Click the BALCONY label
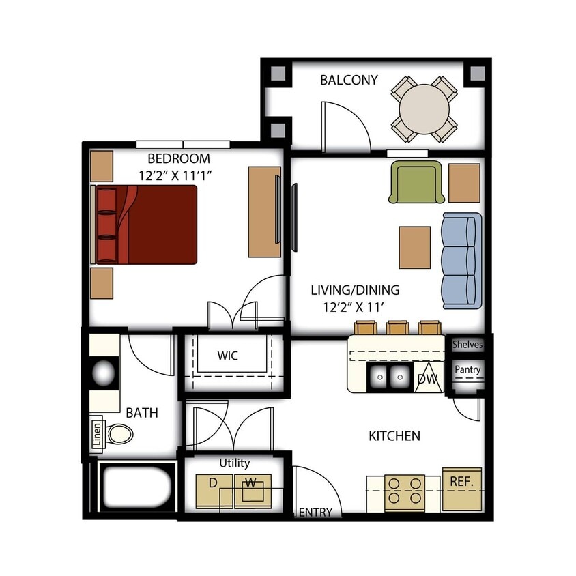tap(349, 81)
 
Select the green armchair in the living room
tap(416, 183)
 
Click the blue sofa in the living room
tap(462, 260)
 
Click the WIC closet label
tap(228, 356)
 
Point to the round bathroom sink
tap(104, 373)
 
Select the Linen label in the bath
tap(97, 435)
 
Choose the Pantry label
tap(467, 371)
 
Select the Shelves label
tap(467, 345)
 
